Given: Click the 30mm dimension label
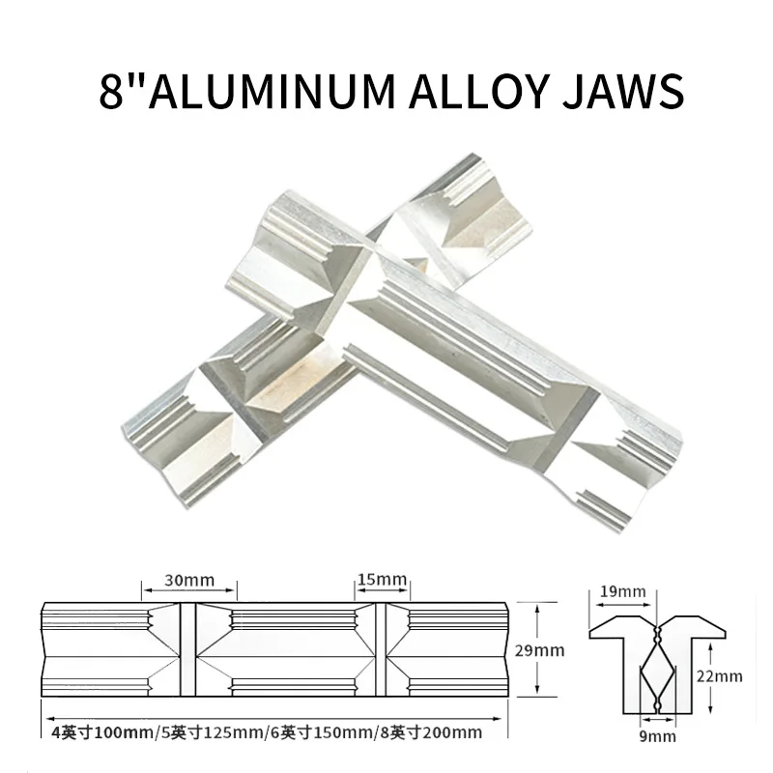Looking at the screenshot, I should click(189, 580).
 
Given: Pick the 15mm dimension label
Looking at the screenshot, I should click(381, 580).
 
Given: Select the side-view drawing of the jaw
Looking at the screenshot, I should click(275, 650).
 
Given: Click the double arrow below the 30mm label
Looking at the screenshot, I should click(189, 592).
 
